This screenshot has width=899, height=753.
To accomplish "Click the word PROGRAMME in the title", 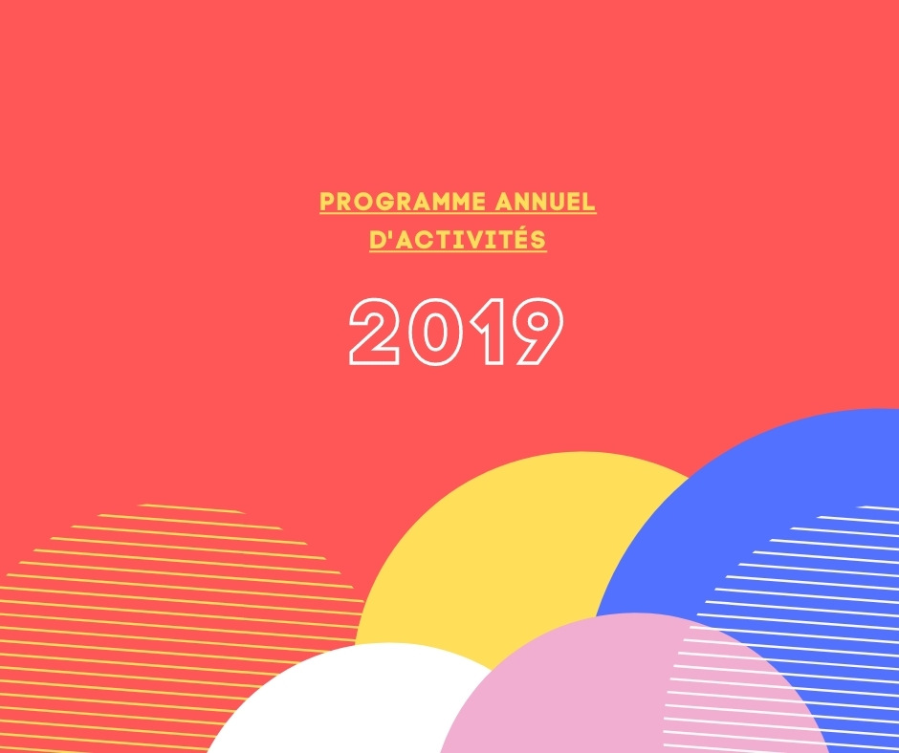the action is [x=403, y=202].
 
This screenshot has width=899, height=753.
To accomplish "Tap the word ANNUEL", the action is [x=545, y=202].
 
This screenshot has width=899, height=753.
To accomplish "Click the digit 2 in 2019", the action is [x=374, y=332].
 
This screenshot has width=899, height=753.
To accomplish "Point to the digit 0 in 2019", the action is [x=436, y=332].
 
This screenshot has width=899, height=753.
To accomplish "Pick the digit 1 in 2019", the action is [x=489, y=332].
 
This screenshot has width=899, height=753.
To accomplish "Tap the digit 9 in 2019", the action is [x=537, y=332].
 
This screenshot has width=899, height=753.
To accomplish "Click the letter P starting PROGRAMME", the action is [x=327, y=202].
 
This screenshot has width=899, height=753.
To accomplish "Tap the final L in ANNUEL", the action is [x=589, y=202].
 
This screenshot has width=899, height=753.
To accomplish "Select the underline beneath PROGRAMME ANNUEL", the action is [x=457, y=214].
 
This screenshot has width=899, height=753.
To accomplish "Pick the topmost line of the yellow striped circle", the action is [x=192, y=508].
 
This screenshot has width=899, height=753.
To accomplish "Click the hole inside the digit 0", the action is [x=436, y=332].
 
